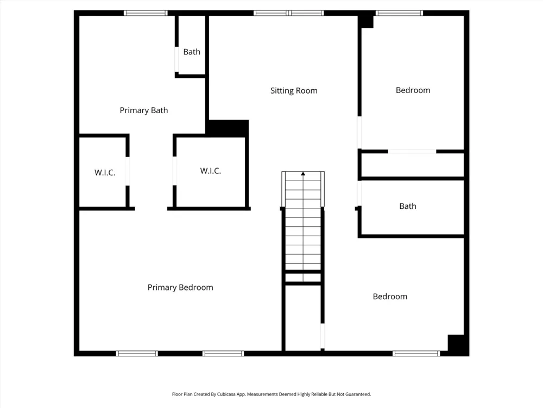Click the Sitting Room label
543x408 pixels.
pos(294,90)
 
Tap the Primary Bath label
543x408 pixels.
pos(144,110)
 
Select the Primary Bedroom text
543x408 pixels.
pos(180,288)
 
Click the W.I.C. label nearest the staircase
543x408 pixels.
pos(211,171)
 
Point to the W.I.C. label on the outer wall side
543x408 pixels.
pos(105,172)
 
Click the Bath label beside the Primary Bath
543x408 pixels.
pos(192,52)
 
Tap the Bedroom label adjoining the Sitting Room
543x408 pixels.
pos(413,90)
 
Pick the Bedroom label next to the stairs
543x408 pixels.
pos(390,296)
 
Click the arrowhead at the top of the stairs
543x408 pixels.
pos(303,174)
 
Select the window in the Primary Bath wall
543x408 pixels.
pos(146,13)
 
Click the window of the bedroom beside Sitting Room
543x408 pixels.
pos(399,13)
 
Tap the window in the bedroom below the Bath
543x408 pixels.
pos(416,354)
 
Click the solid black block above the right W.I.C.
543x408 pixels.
pos(228,128)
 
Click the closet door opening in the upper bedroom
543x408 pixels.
pos(412,152)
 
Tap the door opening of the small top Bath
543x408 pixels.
pos(176,59)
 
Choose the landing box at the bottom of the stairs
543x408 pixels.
pos(303,277)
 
